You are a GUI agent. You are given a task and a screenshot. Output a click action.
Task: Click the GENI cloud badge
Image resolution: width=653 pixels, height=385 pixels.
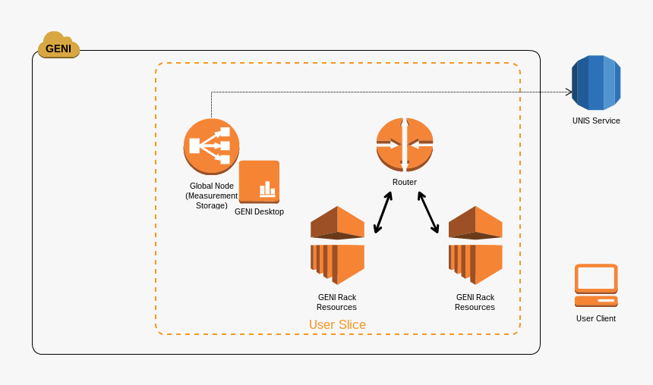coord(58,47)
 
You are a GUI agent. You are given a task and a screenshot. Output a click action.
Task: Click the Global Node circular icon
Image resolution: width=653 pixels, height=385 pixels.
coord(211,146)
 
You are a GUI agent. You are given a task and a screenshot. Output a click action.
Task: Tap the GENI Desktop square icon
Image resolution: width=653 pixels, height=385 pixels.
coord(259,182)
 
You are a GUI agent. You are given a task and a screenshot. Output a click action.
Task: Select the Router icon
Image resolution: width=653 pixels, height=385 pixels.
coord(405,144)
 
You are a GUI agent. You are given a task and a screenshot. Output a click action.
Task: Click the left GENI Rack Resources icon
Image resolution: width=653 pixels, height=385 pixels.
coord(337,245)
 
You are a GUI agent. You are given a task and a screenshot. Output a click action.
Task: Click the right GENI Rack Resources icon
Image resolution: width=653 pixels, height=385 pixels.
coord(475,245)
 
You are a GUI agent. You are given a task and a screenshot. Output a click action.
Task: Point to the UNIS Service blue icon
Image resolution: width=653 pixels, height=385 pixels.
coord(596,83)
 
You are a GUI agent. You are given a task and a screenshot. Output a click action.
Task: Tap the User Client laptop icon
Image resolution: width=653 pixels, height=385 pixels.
coord(596,285)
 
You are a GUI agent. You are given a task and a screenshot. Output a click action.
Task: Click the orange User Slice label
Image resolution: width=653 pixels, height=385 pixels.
coord(337,324)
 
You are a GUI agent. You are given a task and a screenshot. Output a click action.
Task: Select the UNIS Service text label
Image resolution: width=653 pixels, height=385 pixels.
coord(596,121)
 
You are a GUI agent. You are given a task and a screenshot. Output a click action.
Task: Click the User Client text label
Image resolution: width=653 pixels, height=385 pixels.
coord(596,318)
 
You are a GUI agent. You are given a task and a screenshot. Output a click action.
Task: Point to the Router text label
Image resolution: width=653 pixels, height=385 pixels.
coord(405,182)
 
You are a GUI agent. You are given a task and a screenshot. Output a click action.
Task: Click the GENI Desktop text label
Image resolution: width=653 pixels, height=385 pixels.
coord(259,211)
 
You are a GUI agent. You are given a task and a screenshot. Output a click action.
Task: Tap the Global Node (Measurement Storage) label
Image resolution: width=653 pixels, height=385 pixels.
coord(211,195)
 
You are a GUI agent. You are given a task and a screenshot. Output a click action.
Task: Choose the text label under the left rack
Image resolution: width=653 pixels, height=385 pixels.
coord(336,302)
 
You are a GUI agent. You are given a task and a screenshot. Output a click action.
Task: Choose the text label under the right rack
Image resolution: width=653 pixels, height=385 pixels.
coord(475,302)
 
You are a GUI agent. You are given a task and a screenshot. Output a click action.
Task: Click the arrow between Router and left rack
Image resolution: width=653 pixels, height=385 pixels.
coord(383,211)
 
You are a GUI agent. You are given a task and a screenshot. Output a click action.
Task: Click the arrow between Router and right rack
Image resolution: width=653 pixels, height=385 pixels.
coord(428,211)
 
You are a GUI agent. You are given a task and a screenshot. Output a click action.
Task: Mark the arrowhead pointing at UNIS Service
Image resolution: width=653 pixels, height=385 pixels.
coord(569,92)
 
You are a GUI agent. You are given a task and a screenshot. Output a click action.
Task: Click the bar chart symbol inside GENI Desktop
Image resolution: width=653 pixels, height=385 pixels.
coord(267,189)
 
